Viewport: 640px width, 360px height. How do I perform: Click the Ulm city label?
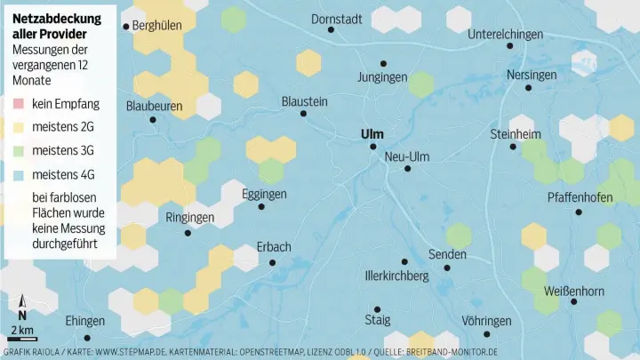pyautogui.click(x=372, y=134)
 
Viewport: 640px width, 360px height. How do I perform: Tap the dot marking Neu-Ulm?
pyautogui.click(x=407, y=168)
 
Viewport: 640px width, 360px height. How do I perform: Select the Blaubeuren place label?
pyautogui.click(x=160, y=106)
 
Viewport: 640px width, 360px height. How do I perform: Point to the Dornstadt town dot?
pyautogui.click(x=332, y=29)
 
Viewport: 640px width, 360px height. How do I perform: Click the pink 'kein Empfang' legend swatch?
pyautogui.click(x=19, y=104)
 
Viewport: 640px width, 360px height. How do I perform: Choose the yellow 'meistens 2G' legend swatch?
pyautogui.click(x=19, y=127)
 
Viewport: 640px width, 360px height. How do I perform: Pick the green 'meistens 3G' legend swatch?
pyautogui.click(x=19, y=150)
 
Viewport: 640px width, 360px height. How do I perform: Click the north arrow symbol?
pyautogui.click(x=22, y=308)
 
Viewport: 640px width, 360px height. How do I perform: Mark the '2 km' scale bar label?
pyautogui.click(x=22, y=331)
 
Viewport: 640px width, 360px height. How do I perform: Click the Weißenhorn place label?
pyautogui.click(x=573, y=291)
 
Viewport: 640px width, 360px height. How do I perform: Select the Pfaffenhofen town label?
pyautogui.click(x=580, y=197)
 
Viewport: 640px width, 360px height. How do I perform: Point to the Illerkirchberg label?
pyautogui.click(x=397, y=276)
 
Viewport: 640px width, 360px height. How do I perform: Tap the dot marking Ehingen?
pyautogui.click(x=86, y=338)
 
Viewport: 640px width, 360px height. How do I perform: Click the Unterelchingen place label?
pyautogui.click(x=505, y=34)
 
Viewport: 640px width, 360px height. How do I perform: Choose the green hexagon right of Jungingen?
pyautogui.click(x=421, y=84)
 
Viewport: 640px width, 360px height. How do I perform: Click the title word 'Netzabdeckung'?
pyautogui.click(x=57, y=18)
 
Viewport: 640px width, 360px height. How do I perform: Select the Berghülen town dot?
pyautogui.click(x=125, y=27)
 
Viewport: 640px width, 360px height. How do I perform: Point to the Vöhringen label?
pyautogui.click(x=486, y=320)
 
